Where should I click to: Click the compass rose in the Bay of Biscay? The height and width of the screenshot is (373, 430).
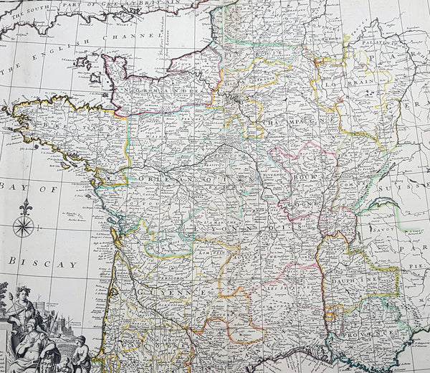pos(24,227)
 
